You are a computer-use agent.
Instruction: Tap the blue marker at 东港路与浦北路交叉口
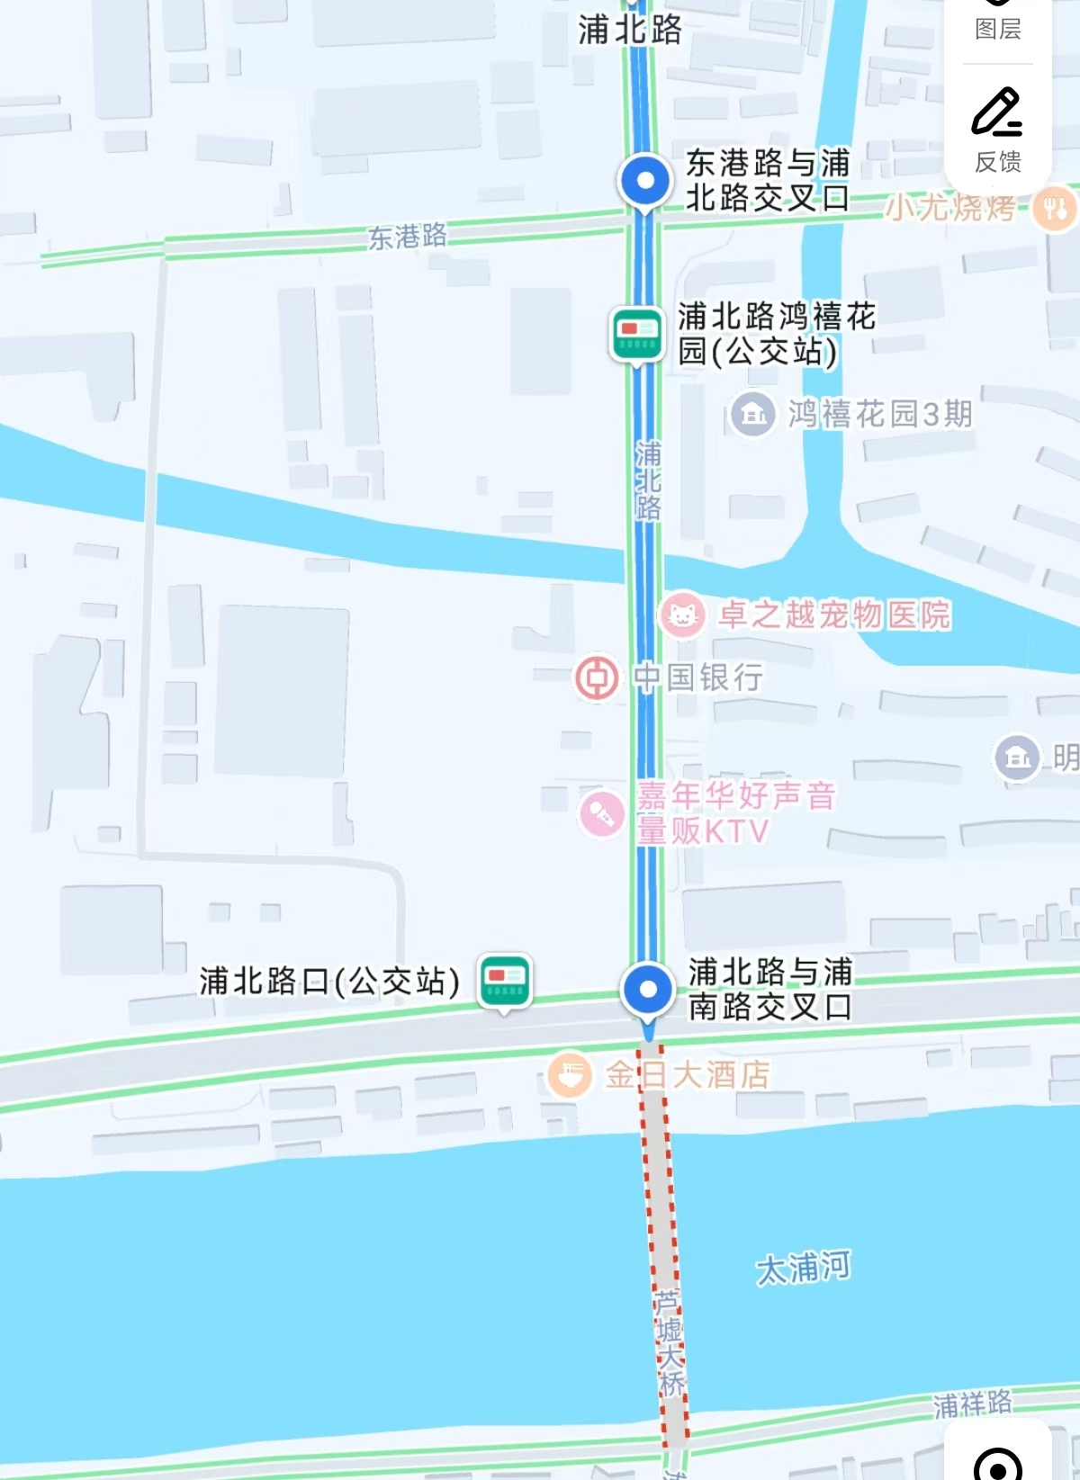[644, 180]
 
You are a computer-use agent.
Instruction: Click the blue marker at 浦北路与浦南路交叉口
[647, 990]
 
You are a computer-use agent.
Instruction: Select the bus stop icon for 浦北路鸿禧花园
[637, 334]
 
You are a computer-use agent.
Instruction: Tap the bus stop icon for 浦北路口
[505, 979]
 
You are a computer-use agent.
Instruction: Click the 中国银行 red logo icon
[597, 677]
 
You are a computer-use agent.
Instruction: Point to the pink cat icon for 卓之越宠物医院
[682, 615]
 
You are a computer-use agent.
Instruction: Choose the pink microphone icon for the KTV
[601, 813]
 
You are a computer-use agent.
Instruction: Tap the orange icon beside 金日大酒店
[570, 1074]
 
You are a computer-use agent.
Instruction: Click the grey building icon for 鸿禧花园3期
[752, 415]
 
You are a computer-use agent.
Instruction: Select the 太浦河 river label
[803, 1268]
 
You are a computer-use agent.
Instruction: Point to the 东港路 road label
[407, 237]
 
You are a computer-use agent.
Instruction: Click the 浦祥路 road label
[972, 1404]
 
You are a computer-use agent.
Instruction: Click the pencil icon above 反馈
[996, 112]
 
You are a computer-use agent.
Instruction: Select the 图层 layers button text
[998, 29]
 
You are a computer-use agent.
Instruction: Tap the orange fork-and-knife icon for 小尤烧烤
[1054, 209]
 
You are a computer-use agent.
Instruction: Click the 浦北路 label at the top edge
[630, 30]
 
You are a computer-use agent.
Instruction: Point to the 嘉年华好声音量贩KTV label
[734, 812]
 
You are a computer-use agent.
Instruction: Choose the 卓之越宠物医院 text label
[833, 615]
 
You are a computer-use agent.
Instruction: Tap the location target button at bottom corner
[997, 1463]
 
